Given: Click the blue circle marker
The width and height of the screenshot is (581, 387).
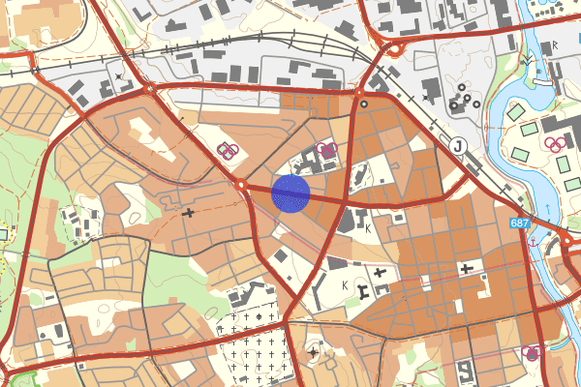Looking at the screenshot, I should (290, 193).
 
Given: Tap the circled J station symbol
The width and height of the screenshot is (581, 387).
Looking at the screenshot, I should (458, 145).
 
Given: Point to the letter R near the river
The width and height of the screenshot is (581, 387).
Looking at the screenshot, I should (555, 45).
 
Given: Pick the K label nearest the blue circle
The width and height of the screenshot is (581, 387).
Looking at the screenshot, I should (368, 228).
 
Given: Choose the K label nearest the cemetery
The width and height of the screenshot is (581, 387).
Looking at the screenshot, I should (345, 285).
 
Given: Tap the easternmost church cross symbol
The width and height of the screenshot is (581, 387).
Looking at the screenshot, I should (468, 267).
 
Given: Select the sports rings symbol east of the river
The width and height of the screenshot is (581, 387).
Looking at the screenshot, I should (557, 144).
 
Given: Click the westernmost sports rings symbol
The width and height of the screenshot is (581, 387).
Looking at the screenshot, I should (228, 149).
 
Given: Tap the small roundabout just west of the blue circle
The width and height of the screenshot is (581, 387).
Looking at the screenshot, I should (242, 184).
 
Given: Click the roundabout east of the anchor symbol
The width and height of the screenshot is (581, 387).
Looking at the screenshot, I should (566, 237).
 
